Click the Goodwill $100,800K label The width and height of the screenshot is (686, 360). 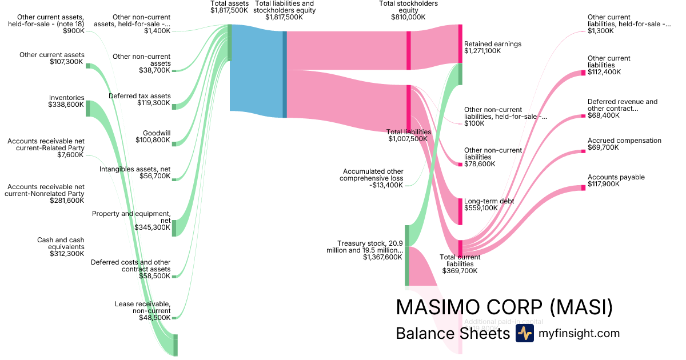(153, 136)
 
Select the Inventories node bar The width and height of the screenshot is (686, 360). (87, 108)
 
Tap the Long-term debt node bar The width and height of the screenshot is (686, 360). (460, 211)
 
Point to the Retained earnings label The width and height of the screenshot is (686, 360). (492, 47)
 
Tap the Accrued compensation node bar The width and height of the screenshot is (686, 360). (583, 151)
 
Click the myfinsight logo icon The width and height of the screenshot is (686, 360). (524, 333)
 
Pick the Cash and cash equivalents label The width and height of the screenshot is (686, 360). (61, 247)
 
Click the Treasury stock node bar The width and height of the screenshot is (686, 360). (407, 255)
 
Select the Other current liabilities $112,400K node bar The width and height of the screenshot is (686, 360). (583, 72)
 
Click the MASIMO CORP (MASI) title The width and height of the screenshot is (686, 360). (504, 307)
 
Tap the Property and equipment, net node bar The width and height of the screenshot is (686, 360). (174, 227)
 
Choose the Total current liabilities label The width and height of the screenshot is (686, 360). (460, 263)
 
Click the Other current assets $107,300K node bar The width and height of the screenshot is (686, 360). (87, 66)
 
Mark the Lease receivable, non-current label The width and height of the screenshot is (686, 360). (142, 310)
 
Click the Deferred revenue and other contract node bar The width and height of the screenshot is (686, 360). (583, 115)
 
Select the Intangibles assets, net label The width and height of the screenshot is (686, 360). (135, 173)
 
